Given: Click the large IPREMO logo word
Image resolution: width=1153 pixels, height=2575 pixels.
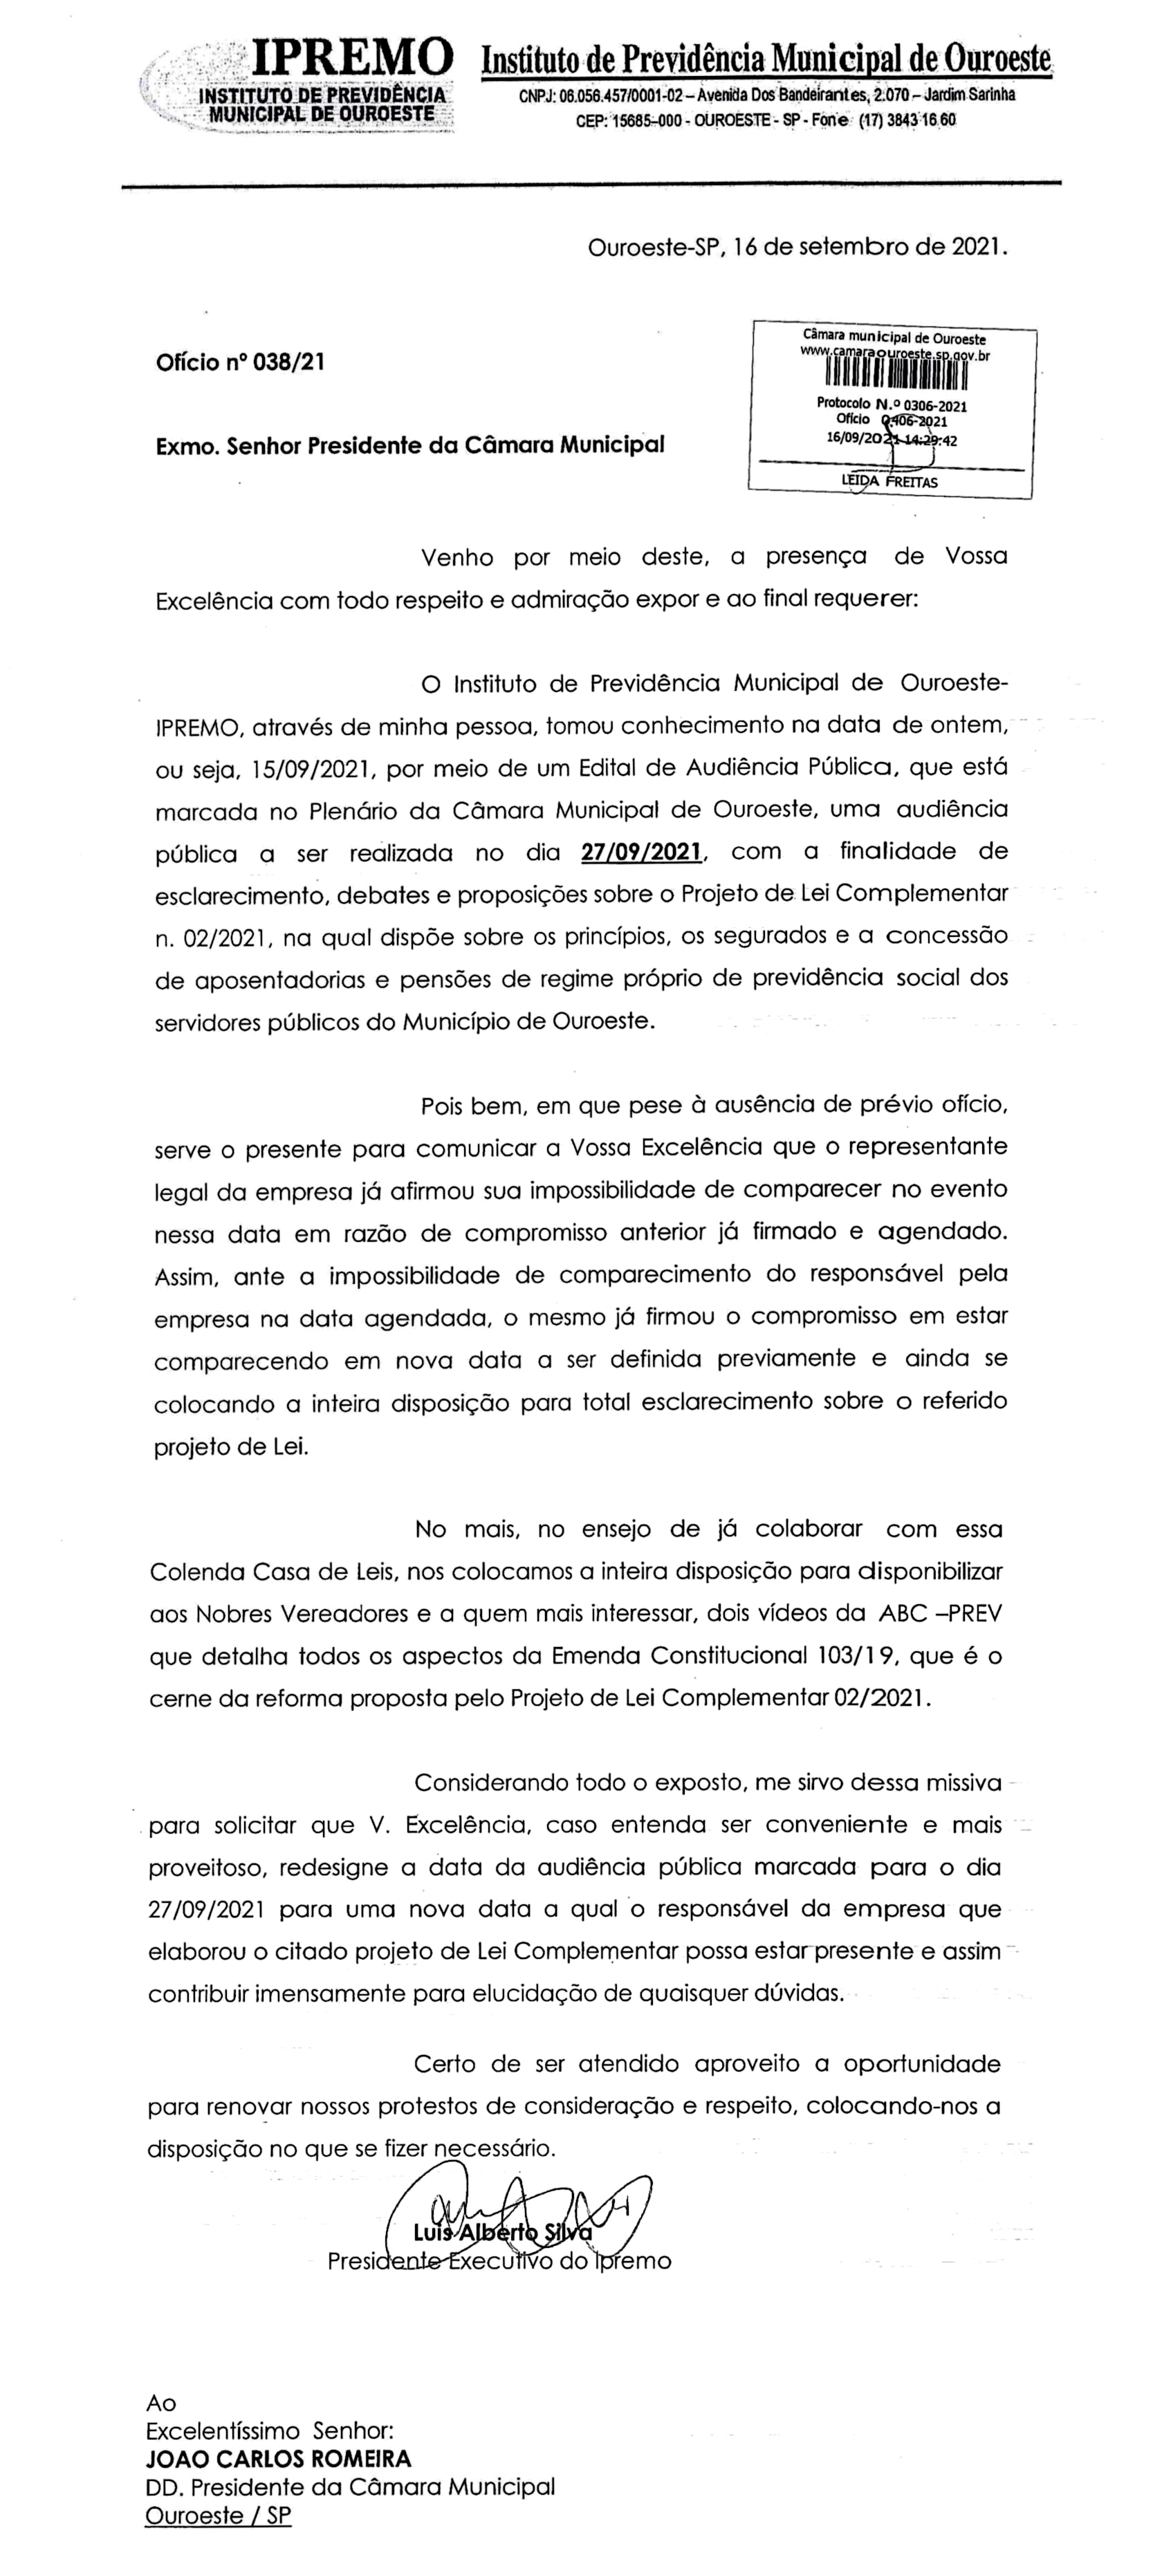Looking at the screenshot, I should (350, 57).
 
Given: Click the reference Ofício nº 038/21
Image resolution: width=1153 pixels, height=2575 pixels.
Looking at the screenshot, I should (240, 362).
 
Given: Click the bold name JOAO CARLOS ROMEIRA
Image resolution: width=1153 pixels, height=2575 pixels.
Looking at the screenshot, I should (278, 2459).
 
